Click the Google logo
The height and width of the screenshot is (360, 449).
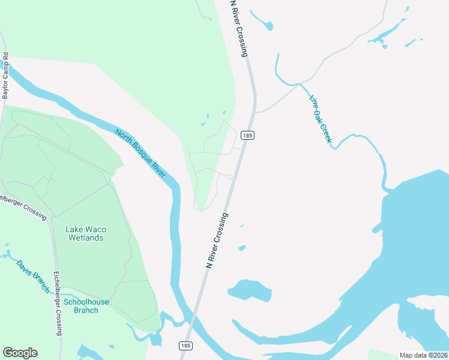(x=20, y=353)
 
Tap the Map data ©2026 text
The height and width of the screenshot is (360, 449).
(x=423, y=355)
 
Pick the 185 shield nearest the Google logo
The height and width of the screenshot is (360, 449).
(x=185, y=346)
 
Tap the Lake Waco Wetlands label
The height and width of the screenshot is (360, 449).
(x=85, y=233)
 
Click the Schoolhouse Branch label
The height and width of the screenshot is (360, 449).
(x=86, y=306)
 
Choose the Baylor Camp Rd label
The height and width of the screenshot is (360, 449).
(x=6, y=76)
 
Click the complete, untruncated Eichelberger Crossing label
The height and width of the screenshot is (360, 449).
(x=58, y=303)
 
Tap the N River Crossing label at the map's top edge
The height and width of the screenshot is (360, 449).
(x=239, y=28)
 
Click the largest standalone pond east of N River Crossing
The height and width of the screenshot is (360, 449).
(x=250, y=290)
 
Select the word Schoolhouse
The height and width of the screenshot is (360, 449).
(x=86, y=302)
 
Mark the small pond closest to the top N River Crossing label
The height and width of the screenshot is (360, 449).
(x=263, y=22)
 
